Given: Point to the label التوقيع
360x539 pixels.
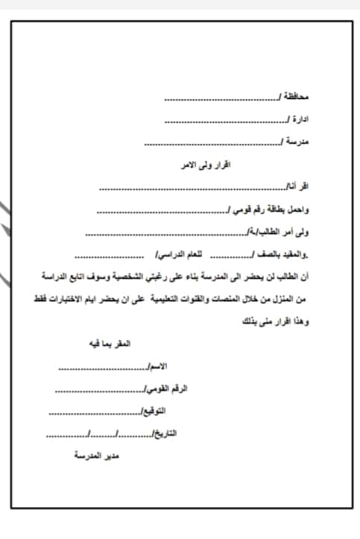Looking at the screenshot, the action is pos(154,411).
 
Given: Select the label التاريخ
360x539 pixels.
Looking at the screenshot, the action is pos(162,433).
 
